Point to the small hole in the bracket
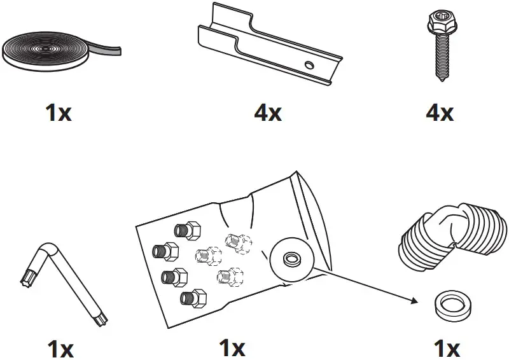[x=308, y=64]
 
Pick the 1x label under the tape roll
[x=59, y=113]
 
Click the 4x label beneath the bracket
[x=267, y=113]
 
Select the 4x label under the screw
[x=440, y=113]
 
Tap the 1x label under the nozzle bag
[x=232, y=349]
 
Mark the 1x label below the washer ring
[x=446, y=349]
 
